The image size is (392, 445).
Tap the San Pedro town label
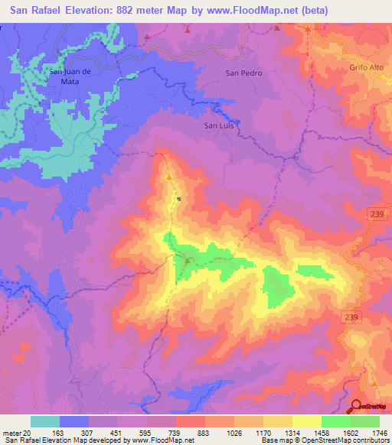pos(243,73)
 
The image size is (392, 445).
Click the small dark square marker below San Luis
pos(179,200)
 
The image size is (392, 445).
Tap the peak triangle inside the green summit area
pos(187,261)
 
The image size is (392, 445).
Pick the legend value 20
pos(28,432)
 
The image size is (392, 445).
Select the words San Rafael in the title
pos(38,11)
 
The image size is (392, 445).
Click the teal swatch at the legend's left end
pos(45,421)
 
